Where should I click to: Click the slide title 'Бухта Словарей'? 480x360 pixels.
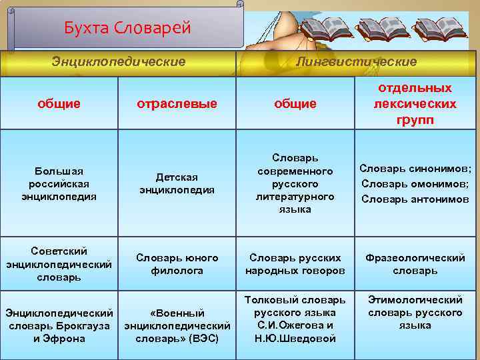coord(127,28)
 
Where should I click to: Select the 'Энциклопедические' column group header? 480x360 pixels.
coord(119,61)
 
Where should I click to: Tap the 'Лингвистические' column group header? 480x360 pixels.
coord(357,61)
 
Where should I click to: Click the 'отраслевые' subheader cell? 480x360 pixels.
coord(177,103)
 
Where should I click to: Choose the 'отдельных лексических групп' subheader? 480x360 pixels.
coord(415,103)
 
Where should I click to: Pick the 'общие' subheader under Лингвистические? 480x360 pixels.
coord(295,103)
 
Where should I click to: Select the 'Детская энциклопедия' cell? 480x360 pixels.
coord(177,183)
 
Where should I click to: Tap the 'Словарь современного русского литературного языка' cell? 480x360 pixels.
coord(295,183)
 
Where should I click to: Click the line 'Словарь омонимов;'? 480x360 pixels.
coord(415,183)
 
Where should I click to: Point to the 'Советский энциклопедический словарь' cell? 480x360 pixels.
coord(59,263)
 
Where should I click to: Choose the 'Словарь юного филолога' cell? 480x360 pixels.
coord(177,263)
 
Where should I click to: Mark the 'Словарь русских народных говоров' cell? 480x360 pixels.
coord(295,263)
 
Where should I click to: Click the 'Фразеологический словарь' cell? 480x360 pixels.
coord(415,263)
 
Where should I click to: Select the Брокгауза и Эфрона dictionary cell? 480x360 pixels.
coord(59,325)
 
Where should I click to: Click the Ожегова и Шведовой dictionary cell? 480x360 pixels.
coord(295,319)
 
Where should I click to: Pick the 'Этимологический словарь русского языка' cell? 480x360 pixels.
coord(415,313)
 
